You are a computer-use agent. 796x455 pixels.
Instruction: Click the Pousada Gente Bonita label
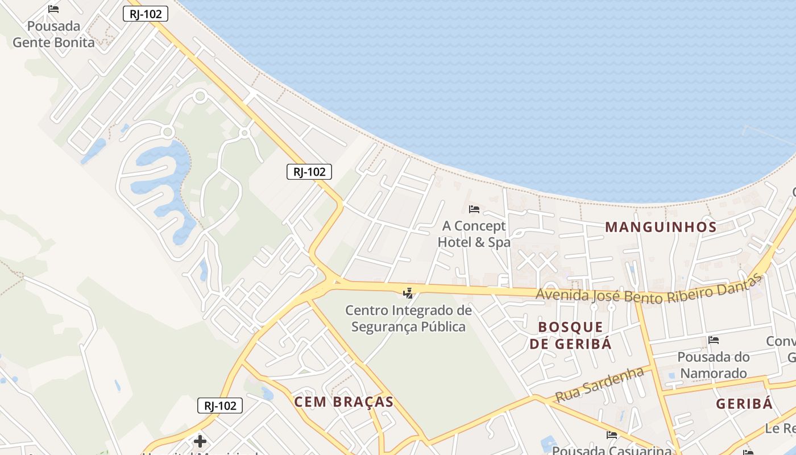click(x=53, y=34)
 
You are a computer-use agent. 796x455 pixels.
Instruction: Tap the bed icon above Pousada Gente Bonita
click(x=53, y=9)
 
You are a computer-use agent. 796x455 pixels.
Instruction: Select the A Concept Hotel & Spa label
click(x=474, y=234)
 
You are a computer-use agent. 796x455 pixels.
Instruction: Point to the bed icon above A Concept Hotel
click(x=474, y=209)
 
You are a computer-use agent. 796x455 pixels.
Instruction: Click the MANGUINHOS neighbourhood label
click(x=661, y=227)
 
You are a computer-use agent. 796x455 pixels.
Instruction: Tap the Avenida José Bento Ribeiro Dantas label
click(x=648, y=290)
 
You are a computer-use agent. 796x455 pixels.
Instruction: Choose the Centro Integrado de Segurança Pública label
click(x=409, y=318)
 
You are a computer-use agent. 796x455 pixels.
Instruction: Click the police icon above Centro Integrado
click(x=408, y=293)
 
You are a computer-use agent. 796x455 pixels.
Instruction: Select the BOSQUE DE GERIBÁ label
click(x=571, y=335)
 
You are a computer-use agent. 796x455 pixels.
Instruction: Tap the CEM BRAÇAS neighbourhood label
click(x=344, y=402)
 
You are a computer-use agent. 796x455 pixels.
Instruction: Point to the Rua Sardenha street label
click(x=599, y=384)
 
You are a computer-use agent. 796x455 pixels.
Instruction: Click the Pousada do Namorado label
click(x=714, y=365)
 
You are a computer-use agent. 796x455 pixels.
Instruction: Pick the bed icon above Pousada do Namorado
click(x=714, y=340)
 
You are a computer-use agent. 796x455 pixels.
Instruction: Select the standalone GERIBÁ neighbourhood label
click(x=744, y=404)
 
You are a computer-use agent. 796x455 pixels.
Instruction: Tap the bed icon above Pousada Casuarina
click(x=612, y=435)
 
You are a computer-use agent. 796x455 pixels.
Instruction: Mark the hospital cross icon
click(x=200, y=441)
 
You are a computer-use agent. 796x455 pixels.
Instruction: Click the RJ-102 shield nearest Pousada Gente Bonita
click(x=146, y=14)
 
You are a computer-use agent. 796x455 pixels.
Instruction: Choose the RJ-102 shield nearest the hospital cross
click(x=220, y=406)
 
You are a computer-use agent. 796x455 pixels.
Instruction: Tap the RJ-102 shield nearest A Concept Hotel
click(x=309, y=172)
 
